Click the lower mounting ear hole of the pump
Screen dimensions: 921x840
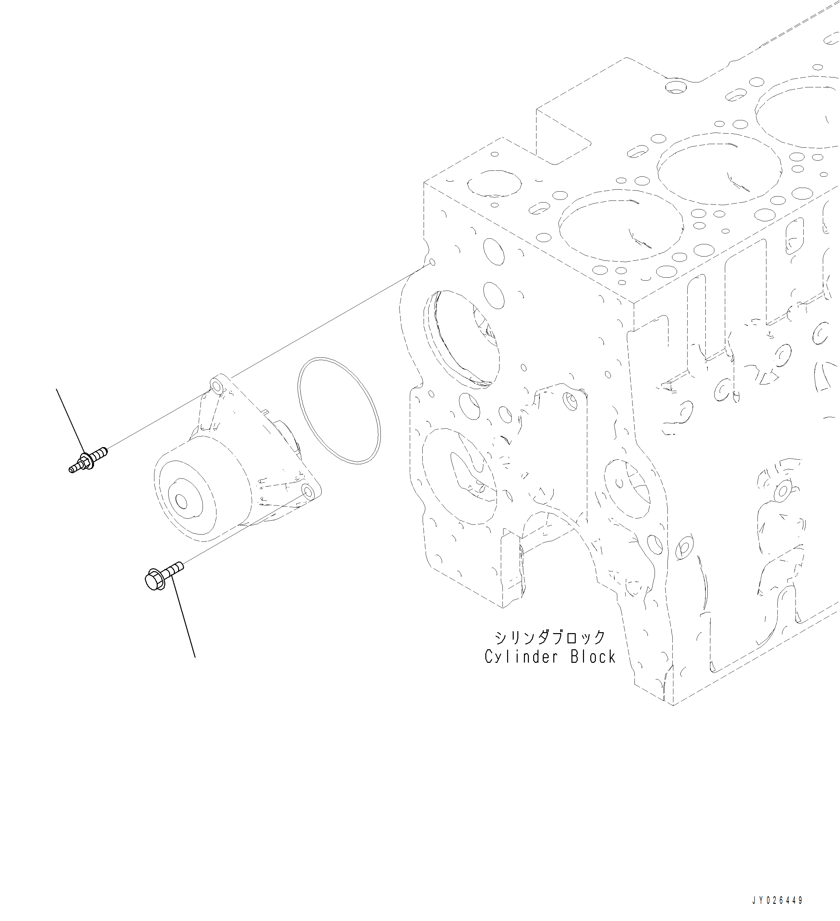coord(308,492)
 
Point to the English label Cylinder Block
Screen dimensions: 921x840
coord(550,657)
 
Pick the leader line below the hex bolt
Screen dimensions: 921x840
coord(184,621)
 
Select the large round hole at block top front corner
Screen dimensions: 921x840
coord(494,185)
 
